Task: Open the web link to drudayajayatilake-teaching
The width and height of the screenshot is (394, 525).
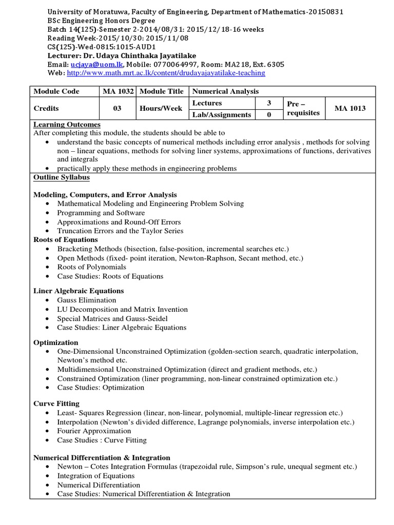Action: coord(166,73)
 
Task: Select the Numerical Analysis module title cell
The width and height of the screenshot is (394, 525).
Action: coord(225,91)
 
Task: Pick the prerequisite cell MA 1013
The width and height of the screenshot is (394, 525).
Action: coord(350,109)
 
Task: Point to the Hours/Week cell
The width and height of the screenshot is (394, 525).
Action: coord(161,109)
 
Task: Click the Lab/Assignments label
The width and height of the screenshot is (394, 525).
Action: coord(222,115)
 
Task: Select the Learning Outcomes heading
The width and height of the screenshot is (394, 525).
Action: coord(67,125)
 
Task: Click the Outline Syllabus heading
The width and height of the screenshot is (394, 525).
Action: coord(62,177)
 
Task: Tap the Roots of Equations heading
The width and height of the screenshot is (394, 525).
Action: coord(65,239)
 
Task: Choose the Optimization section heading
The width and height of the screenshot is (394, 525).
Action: coord(56,342)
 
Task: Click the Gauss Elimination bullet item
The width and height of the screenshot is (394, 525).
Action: coord(87,300)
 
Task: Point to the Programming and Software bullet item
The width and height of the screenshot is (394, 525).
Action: coord(101,213)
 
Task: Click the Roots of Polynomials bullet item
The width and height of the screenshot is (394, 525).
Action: coord(92,267)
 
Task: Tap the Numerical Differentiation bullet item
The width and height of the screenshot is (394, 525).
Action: coord(98,484)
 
